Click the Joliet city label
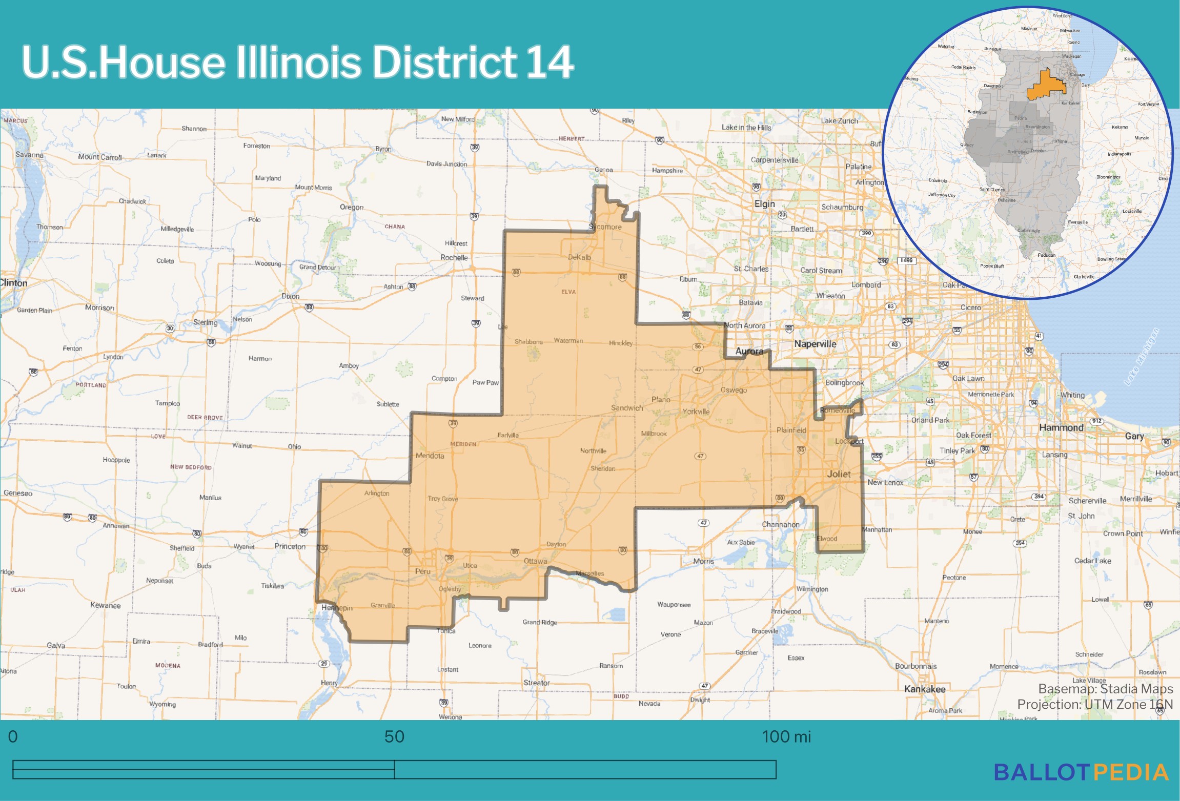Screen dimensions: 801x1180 839,474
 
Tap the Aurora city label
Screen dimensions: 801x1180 749,351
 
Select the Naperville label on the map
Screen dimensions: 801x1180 815,344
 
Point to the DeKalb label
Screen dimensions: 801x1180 579,257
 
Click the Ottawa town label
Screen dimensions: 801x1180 535,561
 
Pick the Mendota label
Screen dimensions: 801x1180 430,456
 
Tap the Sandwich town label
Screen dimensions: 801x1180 626,408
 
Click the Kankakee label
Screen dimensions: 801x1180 925,689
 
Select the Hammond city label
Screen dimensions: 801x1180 1061,427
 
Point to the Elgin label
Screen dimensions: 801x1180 764,204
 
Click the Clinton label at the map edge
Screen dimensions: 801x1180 14,283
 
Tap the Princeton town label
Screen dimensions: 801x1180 290,546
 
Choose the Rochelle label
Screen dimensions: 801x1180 454,258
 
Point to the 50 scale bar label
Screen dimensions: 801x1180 394,736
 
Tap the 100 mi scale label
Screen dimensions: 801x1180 786,736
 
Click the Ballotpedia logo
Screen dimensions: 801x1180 1081,772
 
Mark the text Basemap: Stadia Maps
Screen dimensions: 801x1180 1105,689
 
